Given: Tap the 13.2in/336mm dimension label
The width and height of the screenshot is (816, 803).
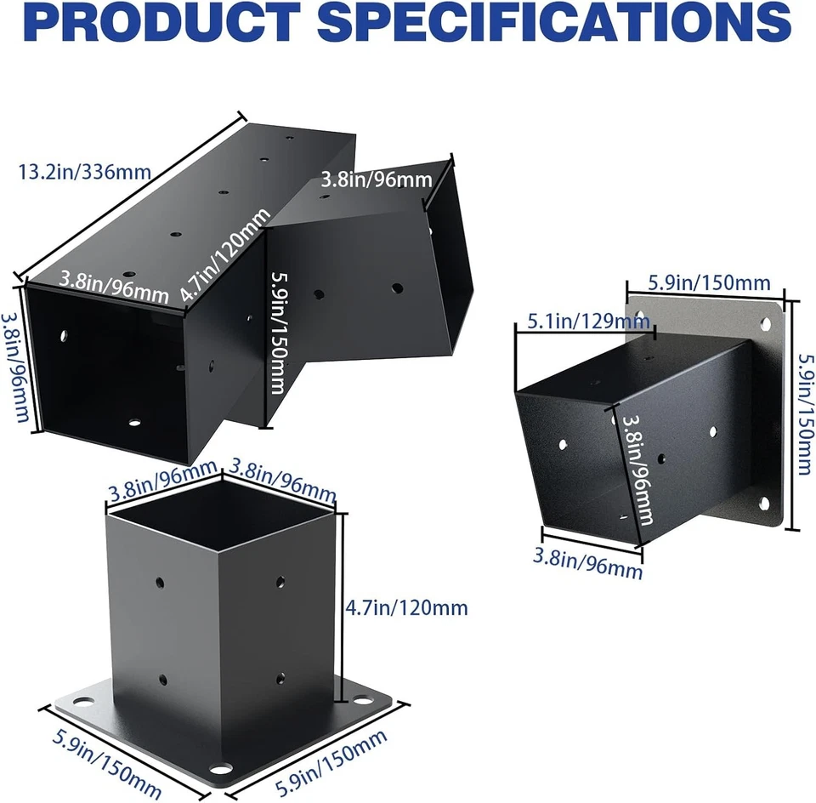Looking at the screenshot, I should click(x=84, y=172).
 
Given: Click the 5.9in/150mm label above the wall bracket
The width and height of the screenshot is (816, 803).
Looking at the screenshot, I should click(x=709, y=283).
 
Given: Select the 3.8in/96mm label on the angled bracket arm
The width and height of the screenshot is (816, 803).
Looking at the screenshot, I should click(x=377, y=179).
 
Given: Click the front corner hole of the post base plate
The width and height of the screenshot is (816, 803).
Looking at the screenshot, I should click(x=224, y=767).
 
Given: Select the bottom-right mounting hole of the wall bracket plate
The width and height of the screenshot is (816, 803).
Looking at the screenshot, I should click(x=763, y=504).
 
